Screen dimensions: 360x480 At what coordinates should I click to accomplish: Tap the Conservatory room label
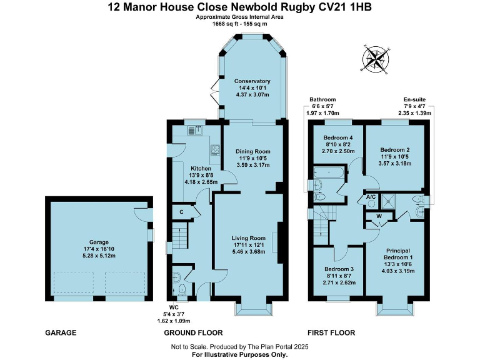(252, 81)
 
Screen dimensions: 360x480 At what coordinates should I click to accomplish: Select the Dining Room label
(252, 151)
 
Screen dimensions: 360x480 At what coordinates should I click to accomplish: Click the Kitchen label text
(201, 169)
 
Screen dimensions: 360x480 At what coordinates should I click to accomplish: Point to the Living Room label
(249, 238)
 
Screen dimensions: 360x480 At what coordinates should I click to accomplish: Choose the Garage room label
(99, 242)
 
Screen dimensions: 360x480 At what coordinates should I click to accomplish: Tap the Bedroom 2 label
(395, 150)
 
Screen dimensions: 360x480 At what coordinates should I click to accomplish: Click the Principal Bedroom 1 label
(398, 253)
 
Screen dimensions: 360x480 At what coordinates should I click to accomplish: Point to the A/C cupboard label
(371, 197)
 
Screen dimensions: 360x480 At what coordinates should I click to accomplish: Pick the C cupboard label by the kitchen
(181, 212)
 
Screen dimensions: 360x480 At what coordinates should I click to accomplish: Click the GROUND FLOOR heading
(192, 332)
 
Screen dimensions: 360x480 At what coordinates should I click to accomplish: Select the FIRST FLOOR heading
(331, 332)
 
